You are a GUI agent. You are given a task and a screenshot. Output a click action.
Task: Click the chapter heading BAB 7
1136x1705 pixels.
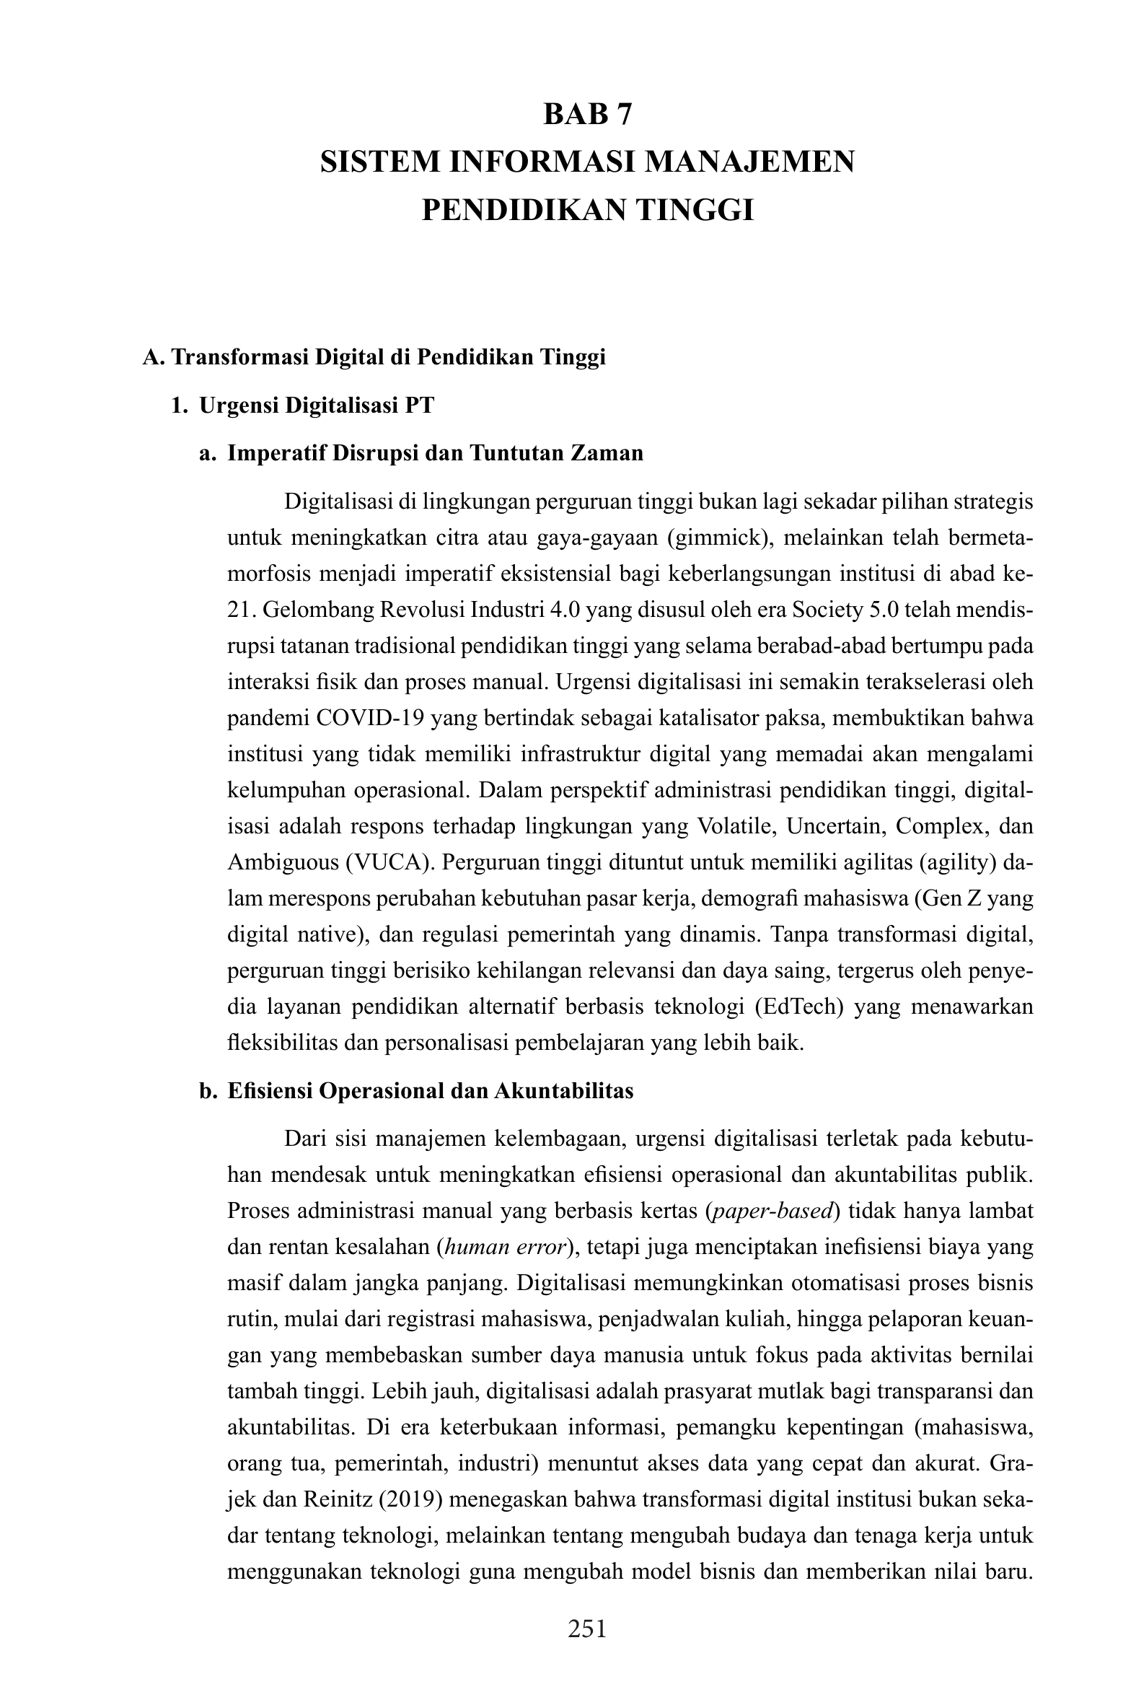click(588, 115)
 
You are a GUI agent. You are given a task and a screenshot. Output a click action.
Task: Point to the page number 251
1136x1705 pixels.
click(588, 1629)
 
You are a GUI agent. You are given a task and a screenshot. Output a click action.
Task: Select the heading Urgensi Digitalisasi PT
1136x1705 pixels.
click(317, 405)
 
